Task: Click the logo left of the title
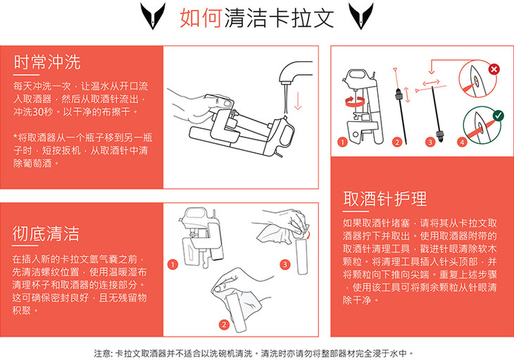[153, 15]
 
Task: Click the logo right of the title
[361, 15]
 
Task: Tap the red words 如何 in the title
[201, 18]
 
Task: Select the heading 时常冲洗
[47, 62]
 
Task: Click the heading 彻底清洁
[46, 233]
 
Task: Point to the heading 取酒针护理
[385, 199]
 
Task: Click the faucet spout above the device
[294, 72]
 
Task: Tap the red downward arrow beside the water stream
[298, 101]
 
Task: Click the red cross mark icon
[494, 69]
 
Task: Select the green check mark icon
[499, 116]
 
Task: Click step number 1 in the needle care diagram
[342, 142]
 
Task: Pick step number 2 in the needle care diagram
[397, 142]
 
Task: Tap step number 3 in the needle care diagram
[430, 142]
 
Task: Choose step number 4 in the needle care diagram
[462, 142]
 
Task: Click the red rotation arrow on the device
[355, 101]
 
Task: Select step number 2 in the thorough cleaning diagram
[224, 325]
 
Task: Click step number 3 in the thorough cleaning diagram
[285, 264]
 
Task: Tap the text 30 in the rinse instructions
[37, 112]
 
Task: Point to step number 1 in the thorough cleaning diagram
[173, 264]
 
